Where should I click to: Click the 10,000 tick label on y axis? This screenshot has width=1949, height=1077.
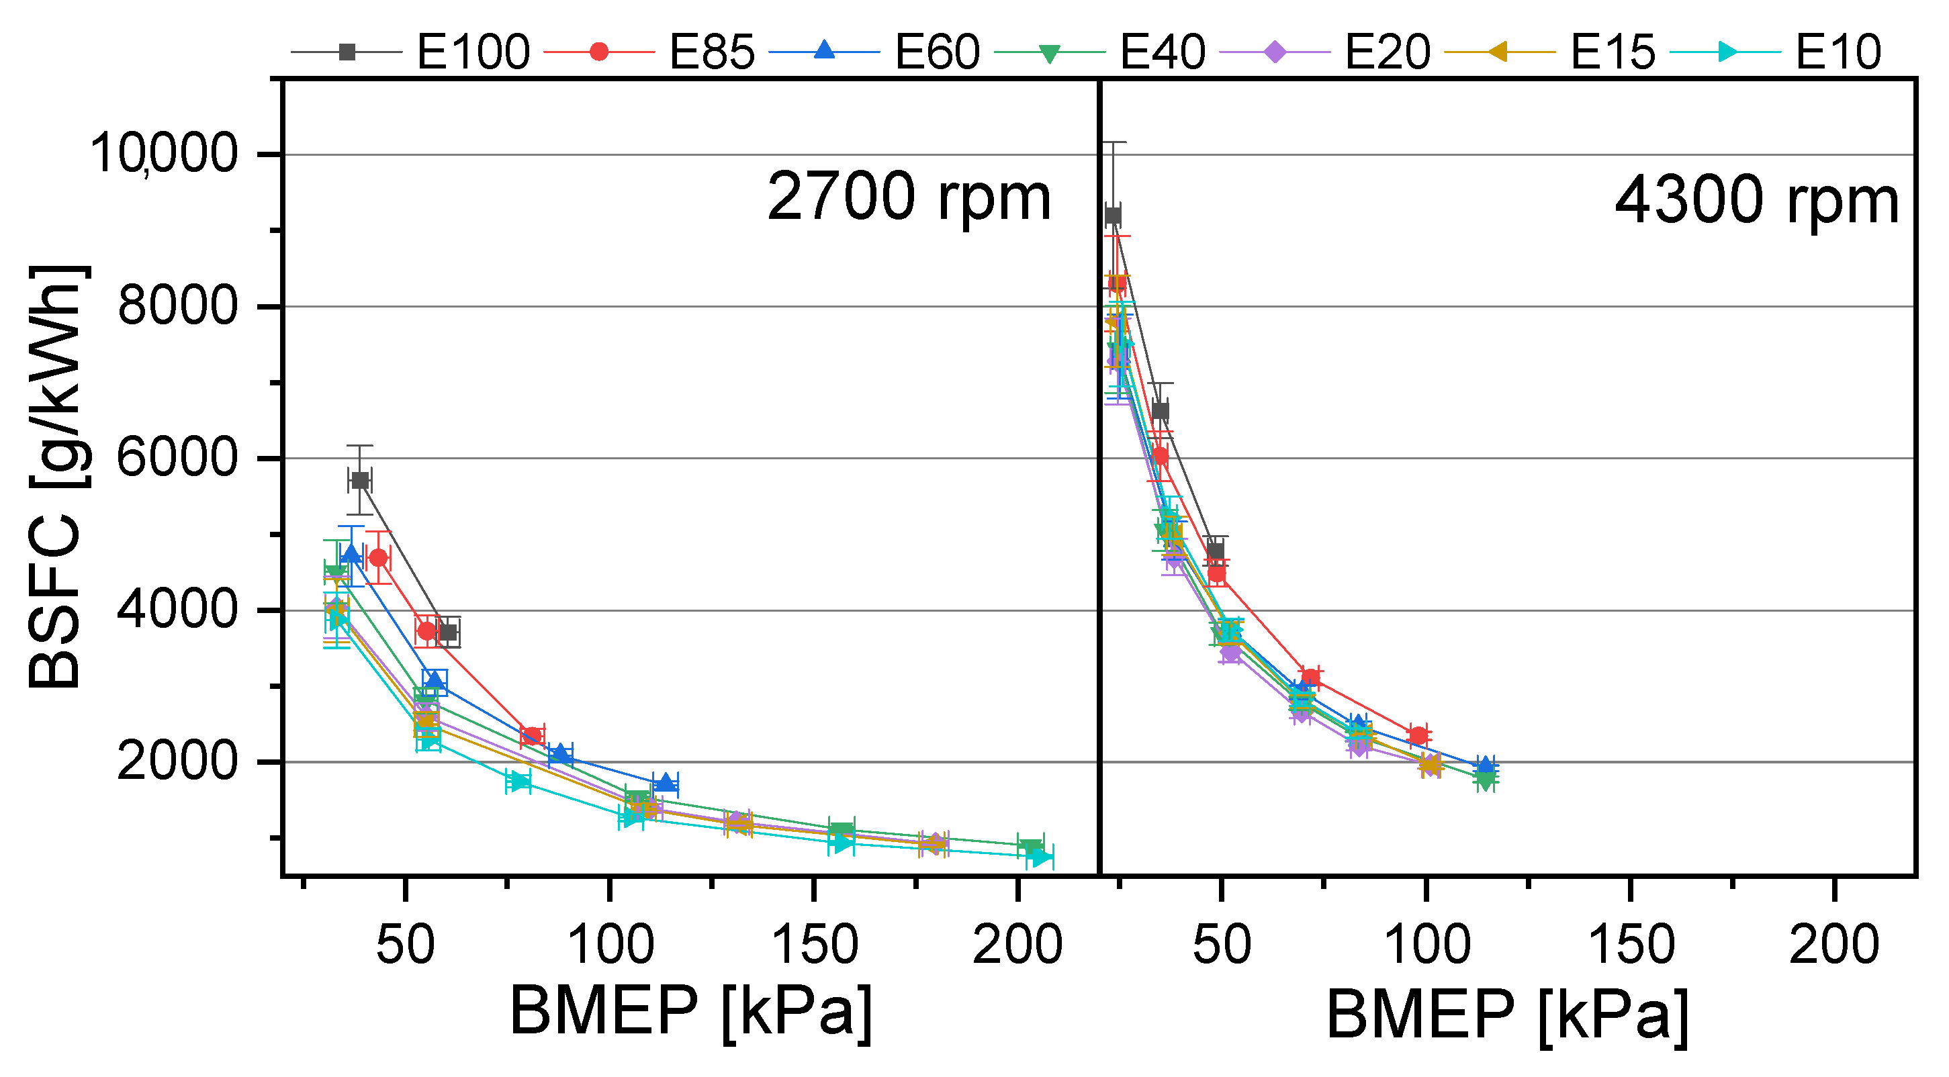point(163,154)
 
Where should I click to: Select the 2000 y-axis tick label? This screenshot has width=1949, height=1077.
point(178,761)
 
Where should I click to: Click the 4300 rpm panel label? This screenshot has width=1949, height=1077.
point(1756,202)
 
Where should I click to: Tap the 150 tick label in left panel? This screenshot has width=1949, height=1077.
point(813,945)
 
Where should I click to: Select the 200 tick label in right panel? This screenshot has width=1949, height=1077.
point(1833,945)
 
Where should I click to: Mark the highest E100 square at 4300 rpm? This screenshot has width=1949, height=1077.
point(1113,216)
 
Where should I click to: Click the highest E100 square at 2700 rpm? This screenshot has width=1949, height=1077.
point(360,480)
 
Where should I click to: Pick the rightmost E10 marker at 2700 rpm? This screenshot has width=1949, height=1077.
point(1042,857)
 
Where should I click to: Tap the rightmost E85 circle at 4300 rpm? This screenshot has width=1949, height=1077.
point(1418,735)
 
